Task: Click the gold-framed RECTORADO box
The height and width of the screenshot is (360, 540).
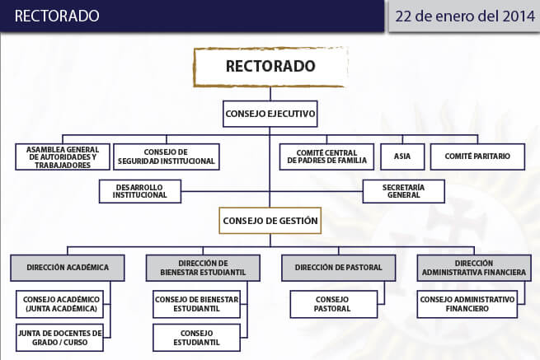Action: click(x=270, y=67)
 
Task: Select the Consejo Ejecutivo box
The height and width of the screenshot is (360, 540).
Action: click(x=270, y=114)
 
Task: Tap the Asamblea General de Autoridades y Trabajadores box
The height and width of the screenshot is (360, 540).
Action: click(x=63, y=157)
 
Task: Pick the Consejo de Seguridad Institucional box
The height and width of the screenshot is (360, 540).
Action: click(x=167, y=157)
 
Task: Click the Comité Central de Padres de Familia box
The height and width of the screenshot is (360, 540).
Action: click(x=326, y=157)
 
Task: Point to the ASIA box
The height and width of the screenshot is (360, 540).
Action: click(x=402, y=157)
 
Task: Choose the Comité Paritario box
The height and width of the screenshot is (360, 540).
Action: click(x=477, y=157)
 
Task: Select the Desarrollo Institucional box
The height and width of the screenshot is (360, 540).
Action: click(x=140, y=191)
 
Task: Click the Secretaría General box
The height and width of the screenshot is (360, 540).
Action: click(x=404, y=191)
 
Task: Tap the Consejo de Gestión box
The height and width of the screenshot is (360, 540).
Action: click(x=270, y=221)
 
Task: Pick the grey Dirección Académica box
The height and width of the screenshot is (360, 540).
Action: click(x=68, y=268)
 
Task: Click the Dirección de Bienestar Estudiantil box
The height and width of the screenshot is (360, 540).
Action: click(x=203, y=268)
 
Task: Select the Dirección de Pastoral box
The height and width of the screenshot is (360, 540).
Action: click(x=339, y=268)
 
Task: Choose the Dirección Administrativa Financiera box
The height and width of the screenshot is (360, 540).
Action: click(x=474, y=268)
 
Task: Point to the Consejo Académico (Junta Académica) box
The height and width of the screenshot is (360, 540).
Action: click(x=60, y=304)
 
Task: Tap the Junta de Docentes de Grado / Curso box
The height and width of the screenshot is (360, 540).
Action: click(x=60, y=338)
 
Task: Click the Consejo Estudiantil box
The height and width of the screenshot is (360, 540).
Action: click(x=197, y=338)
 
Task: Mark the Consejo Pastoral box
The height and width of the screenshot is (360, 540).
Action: click(x=334, y=304)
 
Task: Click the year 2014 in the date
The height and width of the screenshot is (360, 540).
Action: click(x=519, y=16)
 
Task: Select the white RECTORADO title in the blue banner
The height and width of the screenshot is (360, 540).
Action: click(x=57, y=16)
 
